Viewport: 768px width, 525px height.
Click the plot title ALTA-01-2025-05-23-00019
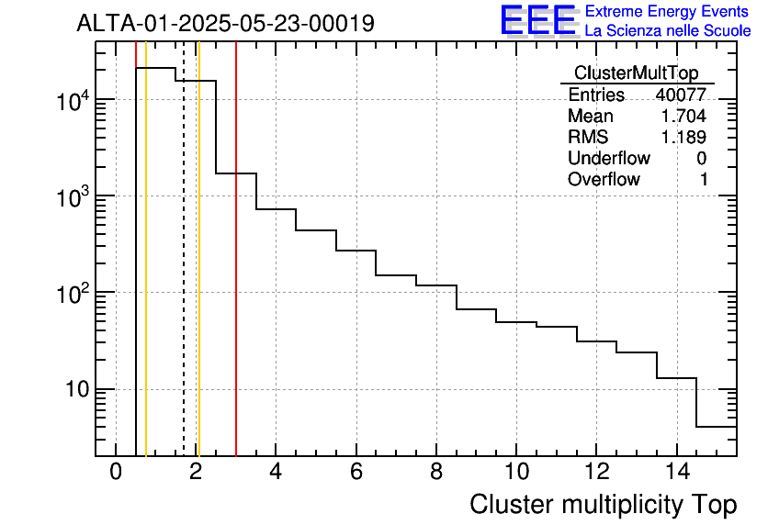pyautogui.click(x=225, y=23)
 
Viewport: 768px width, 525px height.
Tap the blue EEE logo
pyautogui.click(x=537, y=21)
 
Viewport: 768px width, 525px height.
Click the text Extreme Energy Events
pyautogui.click(x=668, y=12)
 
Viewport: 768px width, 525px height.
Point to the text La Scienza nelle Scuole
pyautogui.click(x=668, y=30)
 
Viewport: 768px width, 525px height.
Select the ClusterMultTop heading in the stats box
pyautogui.click(x=636, y=73)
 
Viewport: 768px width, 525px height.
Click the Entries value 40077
pyautogui.click(x=681, y=95)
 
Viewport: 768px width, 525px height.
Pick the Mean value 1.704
pyautogui.click(x=683, y=116)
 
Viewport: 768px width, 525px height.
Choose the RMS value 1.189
pyautogui.click(x=683, y=137)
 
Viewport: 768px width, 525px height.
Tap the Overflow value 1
pyautogui.click(x=704, y=179)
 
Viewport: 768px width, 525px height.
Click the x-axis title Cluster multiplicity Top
pyautogui.click(x=603, y=504)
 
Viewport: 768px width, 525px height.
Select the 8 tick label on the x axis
pyautogui.click(x=435, y=473)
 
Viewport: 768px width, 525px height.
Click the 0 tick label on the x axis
pyautogui.click(x=116, y=473)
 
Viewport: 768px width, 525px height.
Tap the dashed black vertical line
pyautogui.click(x=184, y=275)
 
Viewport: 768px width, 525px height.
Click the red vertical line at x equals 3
pyautogui.click(x=236, y=275)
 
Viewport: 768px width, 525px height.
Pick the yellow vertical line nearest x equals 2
pyautogui.click(x=198, y=275)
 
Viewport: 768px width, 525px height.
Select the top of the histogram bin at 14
pyautogui.click(x=676, y=377)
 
